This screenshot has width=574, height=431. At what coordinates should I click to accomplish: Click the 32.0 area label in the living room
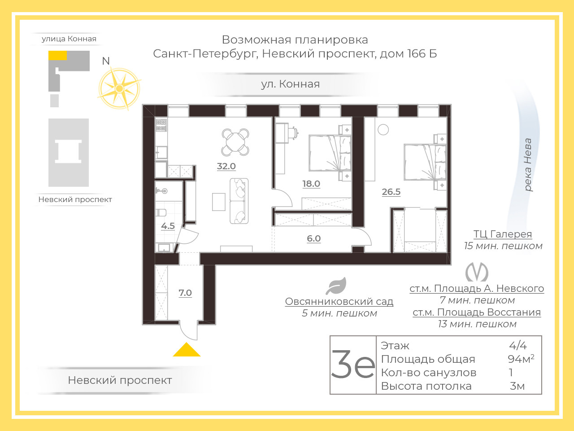click(226, 166)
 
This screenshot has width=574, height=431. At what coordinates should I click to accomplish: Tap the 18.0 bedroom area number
click(311, 184)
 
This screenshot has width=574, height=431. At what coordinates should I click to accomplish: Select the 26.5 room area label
click(391, 192)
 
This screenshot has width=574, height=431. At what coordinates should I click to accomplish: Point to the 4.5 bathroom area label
click(168, 226)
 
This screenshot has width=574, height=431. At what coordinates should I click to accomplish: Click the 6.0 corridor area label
click(313, 238)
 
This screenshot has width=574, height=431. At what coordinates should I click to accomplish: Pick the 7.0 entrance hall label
click(185, 293)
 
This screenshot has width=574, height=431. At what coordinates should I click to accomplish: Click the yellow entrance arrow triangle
click(187, 349)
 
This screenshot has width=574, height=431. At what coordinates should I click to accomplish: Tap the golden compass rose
click(119, 88)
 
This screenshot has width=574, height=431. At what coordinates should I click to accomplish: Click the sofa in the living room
click(239, 201)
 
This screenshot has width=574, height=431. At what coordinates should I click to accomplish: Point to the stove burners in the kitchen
click(161, 125)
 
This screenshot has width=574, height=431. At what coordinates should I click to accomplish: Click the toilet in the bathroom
click(161, 212)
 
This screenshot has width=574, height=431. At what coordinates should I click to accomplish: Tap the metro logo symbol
click(477, 273)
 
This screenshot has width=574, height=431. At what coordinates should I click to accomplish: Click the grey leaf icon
click(336, 286)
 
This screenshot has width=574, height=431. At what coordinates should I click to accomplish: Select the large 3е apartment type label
click(353, 365)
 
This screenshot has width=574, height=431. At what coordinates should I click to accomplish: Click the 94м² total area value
click(521, 359)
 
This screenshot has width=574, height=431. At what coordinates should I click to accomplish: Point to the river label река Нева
click(528, 165)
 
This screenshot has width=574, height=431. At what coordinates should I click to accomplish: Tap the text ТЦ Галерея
click(503, 234)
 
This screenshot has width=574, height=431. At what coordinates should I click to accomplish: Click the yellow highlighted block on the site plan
click(57, 55)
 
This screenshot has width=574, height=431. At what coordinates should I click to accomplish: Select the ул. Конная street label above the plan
click(290, 84)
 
